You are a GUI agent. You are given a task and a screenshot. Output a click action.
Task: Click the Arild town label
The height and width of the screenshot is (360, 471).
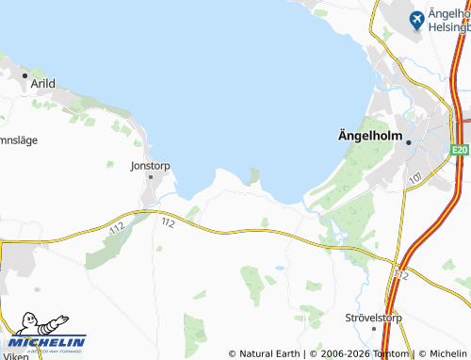tap(43, 83)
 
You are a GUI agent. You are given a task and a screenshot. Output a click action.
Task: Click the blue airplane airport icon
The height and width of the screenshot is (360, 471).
tap(416, 18)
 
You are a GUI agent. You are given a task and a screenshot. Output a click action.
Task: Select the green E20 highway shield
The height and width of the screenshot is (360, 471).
tap(459, 150)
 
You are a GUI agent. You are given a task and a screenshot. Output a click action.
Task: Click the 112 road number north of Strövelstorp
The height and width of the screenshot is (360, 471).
tap(402, 273)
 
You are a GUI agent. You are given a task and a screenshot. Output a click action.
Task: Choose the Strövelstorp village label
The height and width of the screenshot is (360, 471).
tap(373, 318)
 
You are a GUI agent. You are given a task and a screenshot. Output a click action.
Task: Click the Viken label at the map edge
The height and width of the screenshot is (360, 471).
tap(16, 356)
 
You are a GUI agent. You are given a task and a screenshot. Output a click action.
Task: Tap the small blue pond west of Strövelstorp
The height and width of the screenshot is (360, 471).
tap(280, 268)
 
